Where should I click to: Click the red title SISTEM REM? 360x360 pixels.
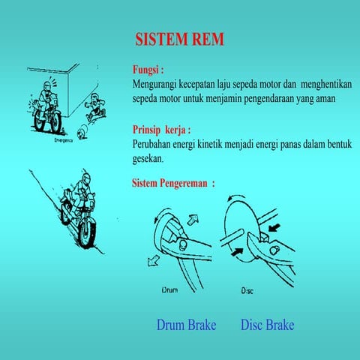(179, 39)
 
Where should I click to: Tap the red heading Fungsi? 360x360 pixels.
(148, 69)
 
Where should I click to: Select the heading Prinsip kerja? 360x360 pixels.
(161, 128)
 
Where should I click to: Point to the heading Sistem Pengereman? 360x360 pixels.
(172, 183)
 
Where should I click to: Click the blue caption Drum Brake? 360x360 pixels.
(186, 325)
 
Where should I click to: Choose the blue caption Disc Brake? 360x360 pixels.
(267, 325)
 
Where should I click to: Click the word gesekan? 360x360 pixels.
(147, 159)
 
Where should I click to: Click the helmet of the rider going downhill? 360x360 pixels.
(84, 180)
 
